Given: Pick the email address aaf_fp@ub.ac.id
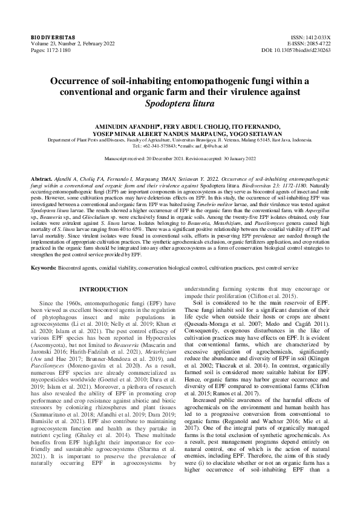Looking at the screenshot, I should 211,146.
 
